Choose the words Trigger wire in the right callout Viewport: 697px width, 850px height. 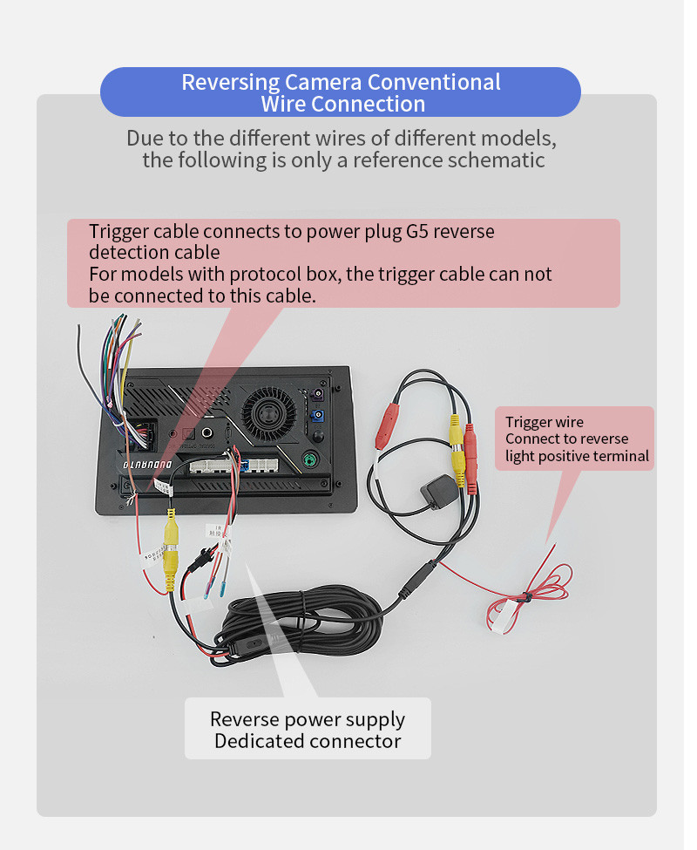(545, 423)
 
